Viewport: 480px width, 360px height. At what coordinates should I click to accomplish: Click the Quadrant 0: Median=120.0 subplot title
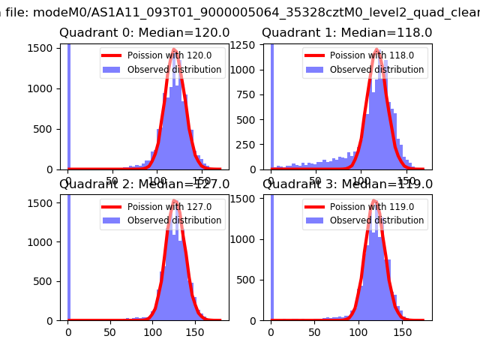tap(145, 33)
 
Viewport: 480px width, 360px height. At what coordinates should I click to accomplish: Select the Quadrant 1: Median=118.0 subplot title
tap(347, 33)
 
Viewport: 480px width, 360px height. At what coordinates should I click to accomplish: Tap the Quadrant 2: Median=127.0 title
tap(145, 184)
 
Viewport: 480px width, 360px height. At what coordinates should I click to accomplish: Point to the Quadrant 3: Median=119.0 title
tap(347, 184)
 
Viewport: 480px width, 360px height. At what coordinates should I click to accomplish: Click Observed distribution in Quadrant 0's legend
tap(174, 70)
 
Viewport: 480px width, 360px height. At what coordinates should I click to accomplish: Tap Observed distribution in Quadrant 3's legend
tap(376, 220)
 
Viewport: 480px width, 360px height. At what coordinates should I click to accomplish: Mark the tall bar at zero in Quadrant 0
tap(68, 105)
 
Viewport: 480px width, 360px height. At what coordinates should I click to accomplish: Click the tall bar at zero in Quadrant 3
tap(271, 255)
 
